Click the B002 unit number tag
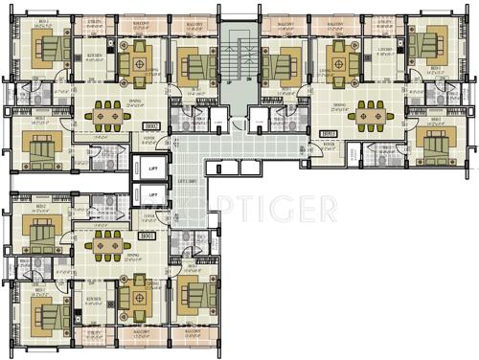click(x=150, y=125)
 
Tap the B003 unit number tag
click(x=330, y=134)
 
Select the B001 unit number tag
click(x=147, y=236)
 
